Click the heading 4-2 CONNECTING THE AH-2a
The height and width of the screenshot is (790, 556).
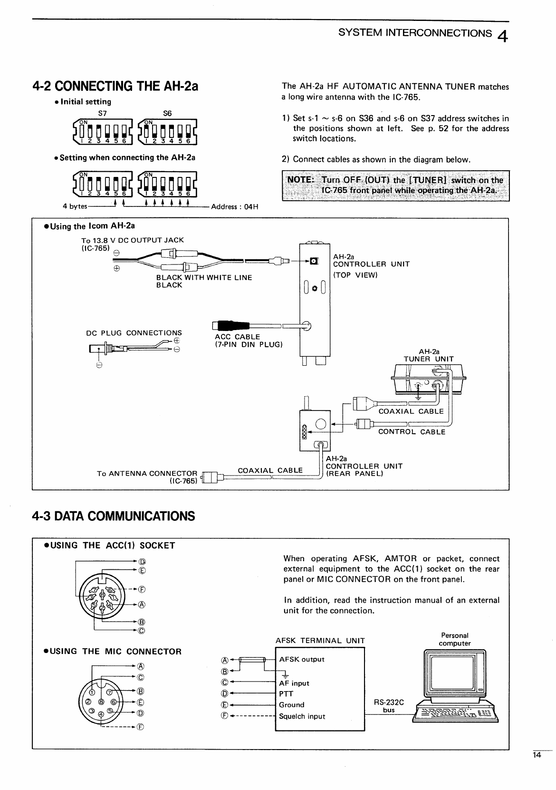click(115, 86)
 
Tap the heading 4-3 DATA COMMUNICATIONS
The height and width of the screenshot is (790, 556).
click(113, 516)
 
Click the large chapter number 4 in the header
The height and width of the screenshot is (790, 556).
click(503, 36)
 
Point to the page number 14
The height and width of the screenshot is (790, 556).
click(537, 755)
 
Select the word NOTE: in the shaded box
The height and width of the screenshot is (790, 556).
click(300, 179)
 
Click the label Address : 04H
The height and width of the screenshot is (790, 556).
click(235, 207)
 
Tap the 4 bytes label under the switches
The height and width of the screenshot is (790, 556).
click(75, 206)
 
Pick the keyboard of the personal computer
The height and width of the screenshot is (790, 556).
click(455, 713)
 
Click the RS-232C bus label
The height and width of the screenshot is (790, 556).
click(389, 706)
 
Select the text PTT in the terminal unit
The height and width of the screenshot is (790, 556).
click(286, 694)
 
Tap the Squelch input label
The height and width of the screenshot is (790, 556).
click(302, 716)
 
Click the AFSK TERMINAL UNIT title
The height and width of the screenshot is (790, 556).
click(320, 641)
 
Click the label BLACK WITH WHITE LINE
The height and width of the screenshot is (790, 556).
click(204, 278)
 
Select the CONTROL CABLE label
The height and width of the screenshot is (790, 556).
click(412, 432)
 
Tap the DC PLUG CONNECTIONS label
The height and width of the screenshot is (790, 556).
click(134, 333)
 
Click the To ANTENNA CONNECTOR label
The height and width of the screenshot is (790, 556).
click(147, 473)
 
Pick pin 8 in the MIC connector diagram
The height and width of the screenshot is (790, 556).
click(102, 702)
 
